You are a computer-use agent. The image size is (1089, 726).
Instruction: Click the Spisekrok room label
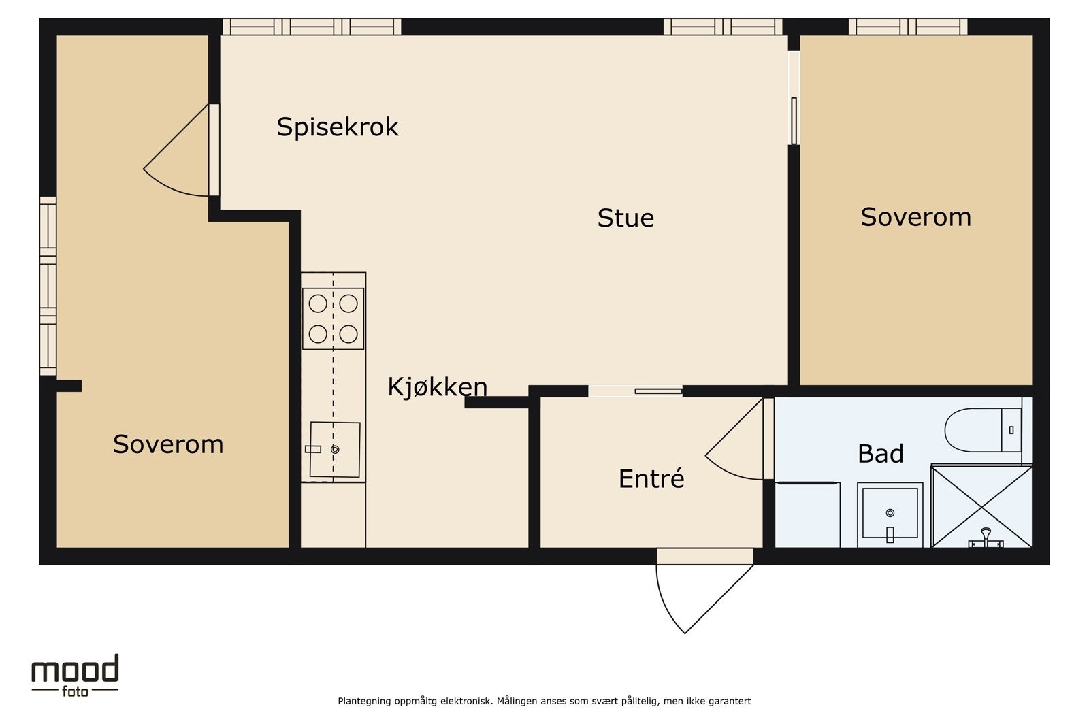tap(337, 127)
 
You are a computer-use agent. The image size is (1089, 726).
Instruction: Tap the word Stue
tap(625, 218)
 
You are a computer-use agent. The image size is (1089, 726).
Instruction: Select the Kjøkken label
tap(437, 386)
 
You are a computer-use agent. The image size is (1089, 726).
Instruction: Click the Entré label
tap(651, 478)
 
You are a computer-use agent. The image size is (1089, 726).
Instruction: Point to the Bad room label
tap(880, 453)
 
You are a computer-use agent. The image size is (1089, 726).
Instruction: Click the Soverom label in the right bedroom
tap(915, 217)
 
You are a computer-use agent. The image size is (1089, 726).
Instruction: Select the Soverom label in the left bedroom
tap(167, 444)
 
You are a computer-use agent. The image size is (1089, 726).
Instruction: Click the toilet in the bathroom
tap(983, 430)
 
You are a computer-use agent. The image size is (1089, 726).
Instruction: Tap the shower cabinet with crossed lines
tap(981, 506)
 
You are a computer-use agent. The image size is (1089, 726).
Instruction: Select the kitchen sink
tap(334, 449)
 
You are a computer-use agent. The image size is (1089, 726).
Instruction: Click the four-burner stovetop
tap(333, 318)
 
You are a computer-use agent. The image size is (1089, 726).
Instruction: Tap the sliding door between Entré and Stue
tap(636, 391)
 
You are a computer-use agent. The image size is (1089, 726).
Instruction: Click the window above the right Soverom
tap(907, 27)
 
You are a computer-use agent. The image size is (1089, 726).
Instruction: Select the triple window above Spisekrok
tap(312, 27)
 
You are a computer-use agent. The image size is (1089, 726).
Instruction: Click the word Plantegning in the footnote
tap(365, 701)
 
